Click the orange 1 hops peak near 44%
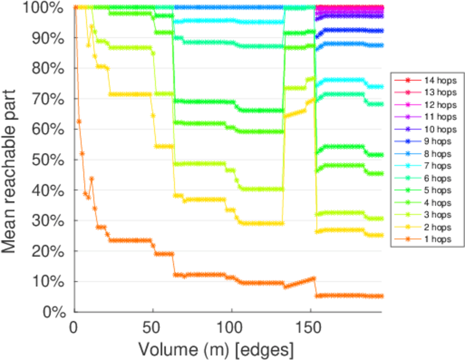[x=92, y=178]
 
